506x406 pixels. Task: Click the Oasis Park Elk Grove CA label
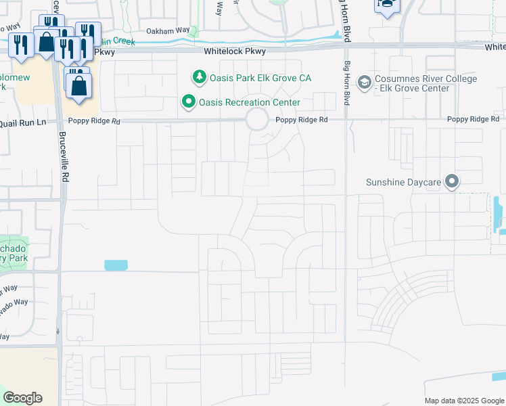click(260, 78)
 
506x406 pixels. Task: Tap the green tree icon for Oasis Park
click(199, 77)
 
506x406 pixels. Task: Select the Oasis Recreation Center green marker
click(189, 102)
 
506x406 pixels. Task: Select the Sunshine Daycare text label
click(403, 182)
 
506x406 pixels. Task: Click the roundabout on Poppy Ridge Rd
click(256, 120)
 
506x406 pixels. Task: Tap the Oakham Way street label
click(168, 30)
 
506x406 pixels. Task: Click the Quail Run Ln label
click(23, 122)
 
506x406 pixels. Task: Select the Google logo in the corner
click(22, 398)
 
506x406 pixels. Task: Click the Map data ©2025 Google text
click(464, 401)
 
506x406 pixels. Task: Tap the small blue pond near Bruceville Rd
click(116, 265)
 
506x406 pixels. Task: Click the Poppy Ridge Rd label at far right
click(474, 119)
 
